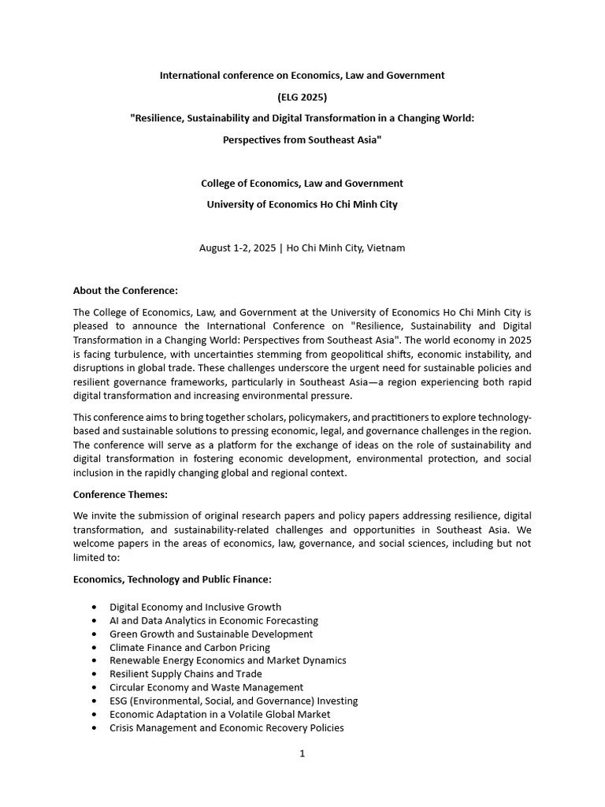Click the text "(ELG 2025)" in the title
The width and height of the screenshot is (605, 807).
point(302,97)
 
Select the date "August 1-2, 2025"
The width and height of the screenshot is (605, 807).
point(237,247)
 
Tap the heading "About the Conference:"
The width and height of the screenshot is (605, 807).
point(125,290)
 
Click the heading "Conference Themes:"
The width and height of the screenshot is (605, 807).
point(121,495)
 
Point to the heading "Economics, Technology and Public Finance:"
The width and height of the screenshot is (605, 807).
point(173,579)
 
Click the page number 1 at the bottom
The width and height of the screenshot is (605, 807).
point(302,753)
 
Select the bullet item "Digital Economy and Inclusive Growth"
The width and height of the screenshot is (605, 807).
point(195,607)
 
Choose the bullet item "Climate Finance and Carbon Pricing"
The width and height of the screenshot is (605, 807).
point(190,647)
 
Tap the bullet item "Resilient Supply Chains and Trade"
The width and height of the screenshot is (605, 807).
point(186,674)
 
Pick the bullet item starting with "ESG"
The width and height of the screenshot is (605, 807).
point(233,701)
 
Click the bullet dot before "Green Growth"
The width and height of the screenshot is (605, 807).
point(95,634)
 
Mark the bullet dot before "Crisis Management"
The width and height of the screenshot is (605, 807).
point(95,727)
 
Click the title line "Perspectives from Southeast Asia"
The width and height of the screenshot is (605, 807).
point(302,139)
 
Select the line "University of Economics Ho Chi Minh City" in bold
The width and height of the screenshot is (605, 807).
point(302,204)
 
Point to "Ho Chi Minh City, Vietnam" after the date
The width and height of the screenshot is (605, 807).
point(346,247)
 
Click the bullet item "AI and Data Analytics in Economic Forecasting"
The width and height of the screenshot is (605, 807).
point(213,620)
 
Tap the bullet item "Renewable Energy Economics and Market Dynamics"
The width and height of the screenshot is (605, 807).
point(228,660)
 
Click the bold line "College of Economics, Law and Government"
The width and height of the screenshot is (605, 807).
point(302,183)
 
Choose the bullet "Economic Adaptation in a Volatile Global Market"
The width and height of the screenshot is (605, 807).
point(220,714)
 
